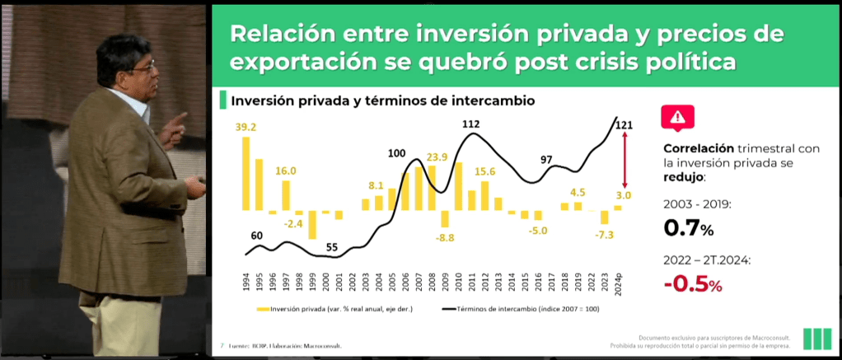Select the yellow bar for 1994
pos(246,174)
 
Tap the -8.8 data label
pos(445,238)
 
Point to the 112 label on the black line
pos(470,124)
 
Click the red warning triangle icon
pos(679,117)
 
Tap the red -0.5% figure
pos(693,284)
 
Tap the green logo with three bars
pos(816,339)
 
